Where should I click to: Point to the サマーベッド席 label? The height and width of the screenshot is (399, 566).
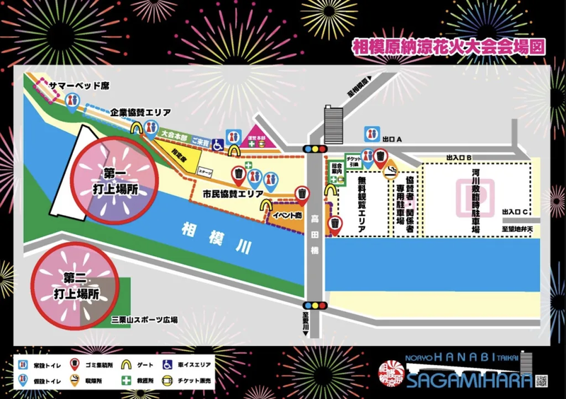tap(79, 86)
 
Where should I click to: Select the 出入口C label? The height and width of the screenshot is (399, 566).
tap(516, 212)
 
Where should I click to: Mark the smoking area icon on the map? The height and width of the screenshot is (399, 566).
tap(389, 171)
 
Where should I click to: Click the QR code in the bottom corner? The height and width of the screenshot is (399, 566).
tap(542, 381)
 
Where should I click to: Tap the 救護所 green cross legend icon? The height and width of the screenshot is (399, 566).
tap(127, 381)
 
